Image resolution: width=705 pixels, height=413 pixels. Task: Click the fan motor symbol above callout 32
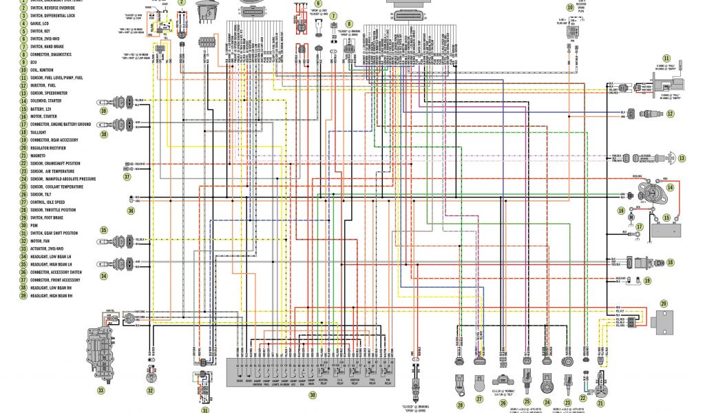click(150, 376)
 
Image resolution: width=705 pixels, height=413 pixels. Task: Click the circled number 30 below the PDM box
click(312, 395)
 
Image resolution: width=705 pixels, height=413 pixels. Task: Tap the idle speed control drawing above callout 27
click(480, 380)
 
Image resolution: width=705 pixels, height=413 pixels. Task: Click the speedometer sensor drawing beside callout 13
click(651, 158)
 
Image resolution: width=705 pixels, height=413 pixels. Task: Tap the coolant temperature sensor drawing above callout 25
click(527, 379)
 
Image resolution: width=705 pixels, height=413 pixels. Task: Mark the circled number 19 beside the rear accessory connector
click(648, 280)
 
